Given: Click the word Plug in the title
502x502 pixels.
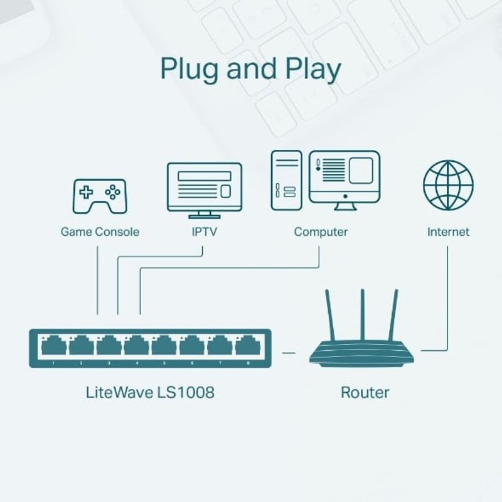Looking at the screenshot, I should tap(189, 69).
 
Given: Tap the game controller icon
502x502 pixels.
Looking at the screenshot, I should tap(99, 196).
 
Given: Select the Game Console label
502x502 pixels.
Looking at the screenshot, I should tap(100, 232).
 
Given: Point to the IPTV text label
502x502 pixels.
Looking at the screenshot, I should tap(204, 232).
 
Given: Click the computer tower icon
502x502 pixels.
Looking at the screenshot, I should tap(286, 180).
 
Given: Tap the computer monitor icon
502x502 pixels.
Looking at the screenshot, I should tap(344, 178).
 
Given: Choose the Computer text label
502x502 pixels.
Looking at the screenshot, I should tap(321, 232).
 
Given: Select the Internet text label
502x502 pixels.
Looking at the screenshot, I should tap(448, 232).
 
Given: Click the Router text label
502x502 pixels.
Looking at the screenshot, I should tap(365, 393).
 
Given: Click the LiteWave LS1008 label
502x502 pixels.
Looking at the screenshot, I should tap(150, 393).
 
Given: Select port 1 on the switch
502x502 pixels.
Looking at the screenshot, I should tap(53, 346).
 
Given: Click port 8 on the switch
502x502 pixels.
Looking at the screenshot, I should tap(247, 346).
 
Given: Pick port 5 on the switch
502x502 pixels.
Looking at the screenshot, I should tap(164, 346).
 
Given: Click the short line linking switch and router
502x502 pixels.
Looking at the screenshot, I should tap(289, 353).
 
